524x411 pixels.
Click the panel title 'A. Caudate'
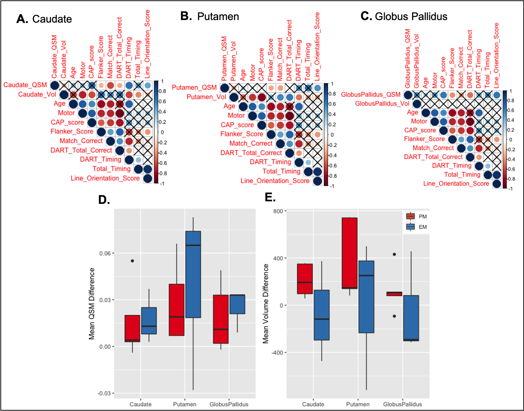click(x=44, y=19)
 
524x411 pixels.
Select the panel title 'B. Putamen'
click(x=210, y=16)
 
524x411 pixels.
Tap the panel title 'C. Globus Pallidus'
click(x=404, y=16)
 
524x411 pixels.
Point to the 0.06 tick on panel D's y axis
click(x=105, y=253)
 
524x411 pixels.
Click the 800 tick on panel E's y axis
click(x=278, y=211)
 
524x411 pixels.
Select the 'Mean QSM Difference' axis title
click(x=92, y=304)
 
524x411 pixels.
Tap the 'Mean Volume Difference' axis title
click(x=266, y=304)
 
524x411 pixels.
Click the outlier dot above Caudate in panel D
click(x=132, y=261)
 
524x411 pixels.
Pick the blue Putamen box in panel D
click(x=193, y=274)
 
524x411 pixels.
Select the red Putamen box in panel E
click(x=349, y=253)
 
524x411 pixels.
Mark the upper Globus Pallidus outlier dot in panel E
click(x=394, y=254)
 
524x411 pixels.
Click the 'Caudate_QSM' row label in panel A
click(x=25, y=85)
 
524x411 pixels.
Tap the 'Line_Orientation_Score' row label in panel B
click(x=275, y=181)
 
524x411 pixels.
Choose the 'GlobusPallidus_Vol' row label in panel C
click(x=382, y=104)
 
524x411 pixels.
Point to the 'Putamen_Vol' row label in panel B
click(x=206, y=97)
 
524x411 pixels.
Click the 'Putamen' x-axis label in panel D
click(x=185, y=404)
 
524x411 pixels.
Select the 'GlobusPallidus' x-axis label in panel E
click(x=402, y=404)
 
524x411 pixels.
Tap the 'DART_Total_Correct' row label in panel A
click(x=81, y=150)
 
